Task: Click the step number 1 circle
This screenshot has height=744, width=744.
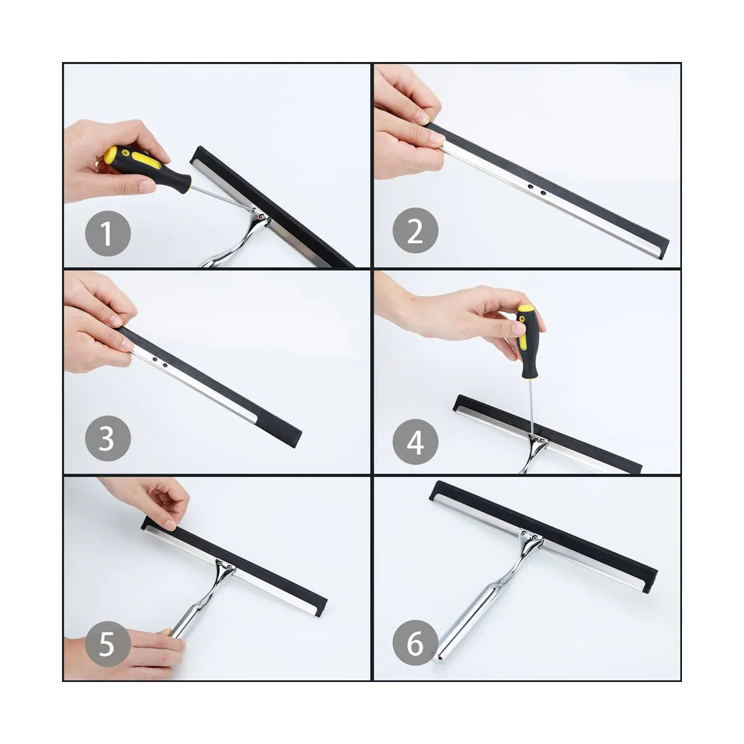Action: tap(108, 233)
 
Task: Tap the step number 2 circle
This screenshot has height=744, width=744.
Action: tap(415, 231)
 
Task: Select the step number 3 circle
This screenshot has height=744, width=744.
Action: tap(108, 438)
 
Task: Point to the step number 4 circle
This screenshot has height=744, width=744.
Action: tap(415, 441)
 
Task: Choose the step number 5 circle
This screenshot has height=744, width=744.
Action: tap(108, 644)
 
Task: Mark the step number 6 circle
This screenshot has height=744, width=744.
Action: tap(415, 643)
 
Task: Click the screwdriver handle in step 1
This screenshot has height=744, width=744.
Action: tap(147, 166)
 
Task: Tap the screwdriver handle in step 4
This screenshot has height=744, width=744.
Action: tap(526, 341)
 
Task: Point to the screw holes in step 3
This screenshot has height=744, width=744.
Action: tap(159, 361)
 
